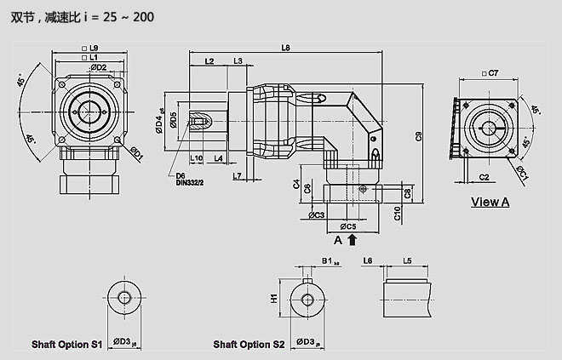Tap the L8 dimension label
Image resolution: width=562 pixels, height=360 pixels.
[x=286, y=47]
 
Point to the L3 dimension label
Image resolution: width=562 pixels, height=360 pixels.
[x=238, y=61]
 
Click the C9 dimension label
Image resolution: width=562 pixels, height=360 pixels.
[x=418, y=136]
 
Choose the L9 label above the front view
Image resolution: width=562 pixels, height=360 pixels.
[x=93, y=48]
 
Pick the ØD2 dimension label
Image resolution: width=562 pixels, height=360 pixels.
[x=97, y=67]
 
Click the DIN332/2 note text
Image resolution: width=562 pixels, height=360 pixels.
[x=192, y=182]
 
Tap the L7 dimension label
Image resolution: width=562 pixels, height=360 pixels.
[x=238, y=176]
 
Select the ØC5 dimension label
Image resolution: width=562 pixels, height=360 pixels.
[x=346, y=226]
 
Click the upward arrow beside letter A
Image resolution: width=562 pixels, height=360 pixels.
[x=352, y=240]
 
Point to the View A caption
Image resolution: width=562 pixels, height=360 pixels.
[x=490, y=202]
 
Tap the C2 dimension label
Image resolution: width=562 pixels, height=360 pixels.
[x=483, y=177]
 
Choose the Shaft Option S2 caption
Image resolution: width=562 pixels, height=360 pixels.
[x=249, y=345]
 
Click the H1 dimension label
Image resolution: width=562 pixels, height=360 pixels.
[x=275, y=299]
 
